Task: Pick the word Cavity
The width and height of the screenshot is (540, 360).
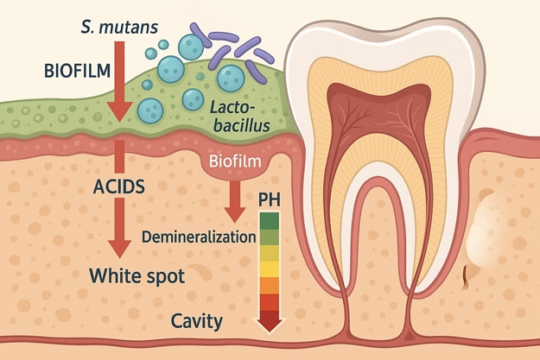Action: (x=196, y=322)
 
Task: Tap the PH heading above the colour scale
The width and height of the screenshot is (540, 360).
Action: (x=270, y=200)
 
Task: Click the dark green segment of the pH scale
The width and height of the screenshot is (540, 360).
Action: (x=270, y=220)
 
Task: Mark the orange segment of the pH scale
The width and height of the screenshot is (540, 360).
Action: (x=270, y=285)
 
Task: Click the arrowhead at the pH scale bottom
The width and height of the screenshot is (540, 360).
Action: (x=270, y=324)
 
